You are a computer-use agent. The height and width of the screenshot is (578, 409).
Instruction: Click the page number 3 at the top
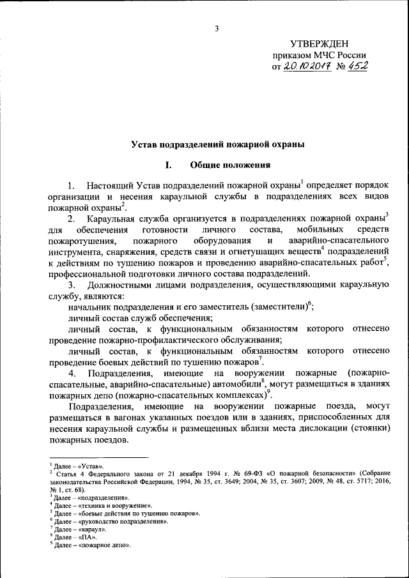coord(217,28)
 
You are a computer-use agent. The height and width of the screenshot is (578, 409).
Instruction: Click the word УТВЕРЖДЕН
coord(320,43)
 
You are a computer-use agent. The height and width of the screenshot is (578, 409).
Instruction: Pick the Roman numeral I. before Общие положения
coord(168,165)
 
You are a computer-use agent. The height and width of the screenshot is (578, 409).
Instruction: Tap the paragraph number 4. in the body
coord(73,372)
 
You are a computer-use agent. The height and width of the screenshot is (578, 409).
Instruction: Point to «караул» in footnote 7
coord(92,529)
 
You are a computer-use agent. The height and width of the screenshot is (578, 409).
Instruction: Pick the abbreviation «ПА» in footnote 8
coord(86,537)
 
